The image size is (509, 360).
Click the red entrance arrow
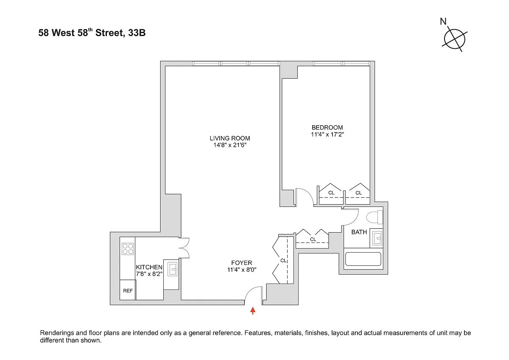pos(253,311)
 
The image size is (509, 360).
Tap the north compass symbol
pos(454,38)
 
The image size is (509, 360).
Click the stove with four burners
pos(128,248)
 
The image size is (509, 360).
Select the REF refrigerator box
pos(128,291)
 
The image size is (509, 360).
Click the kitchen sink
pos(172,270)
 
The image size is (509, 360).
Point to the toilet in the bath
pos(374,218)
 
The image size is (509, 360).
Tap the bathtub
pos(363,259)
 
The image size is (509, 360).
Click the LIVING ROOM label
pos(229,138)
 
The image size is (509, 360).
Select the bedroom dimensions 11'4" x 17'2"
pos(327,135)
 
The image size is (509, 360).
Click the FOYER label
pos(242,263)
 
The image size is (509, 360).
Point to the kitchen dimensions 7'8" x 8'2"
pos(149,274)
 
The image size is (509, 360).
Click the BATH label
pos(359,232)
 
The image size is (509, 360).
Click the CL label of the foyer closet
pos(283,261)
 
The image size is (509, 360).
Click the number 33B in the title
pos(136,33)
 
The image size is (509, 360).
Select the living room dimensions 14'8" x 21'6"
pos(229,145)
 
